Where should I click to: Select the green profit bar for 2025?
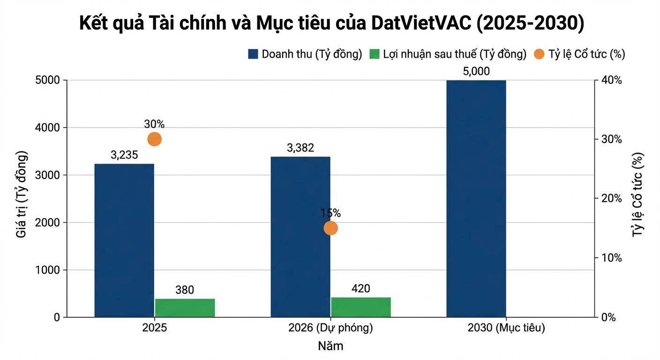(x=185, y=308)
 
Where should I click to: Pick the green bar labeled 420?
(x=360, y=307)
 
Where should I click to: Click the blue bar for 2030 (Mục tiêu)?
(x=476, y=199)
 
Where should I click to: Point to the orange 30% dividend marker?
(x=154, y=139)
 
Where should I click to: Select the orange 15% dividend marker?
(x=330, y=228)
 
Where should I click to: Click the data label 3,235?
(x=124, y=155)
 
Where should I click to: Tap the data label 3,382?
(x=300, y=148)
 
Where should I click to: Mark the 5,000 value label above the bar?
(x=476, y=71)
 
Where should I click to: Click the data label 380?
(x=185, y=290)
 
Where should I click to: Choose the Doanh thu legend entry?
(x=305, y=54)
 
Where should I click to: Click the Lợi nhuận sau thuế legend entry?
(x=448, y=54)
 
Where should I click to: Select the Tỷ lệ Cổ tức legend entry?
(x=580, y=54)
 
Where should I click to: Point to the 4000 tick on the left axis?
(x=47, y=127)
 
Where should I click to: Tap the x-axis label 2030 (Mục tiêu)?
(x=506, y=328)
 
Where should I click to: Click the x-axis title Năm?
(x=330, y=346)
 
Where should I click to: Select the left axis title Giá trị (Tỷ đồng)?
(x=22, y=194)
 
